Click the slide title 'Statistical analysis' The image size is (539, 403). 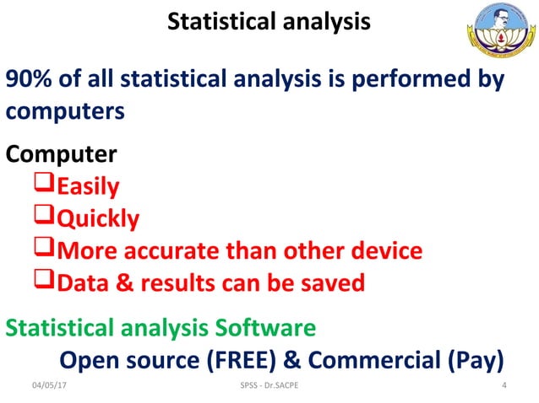click(269, 22)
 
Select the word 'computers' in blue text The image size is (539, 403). click(66, 111)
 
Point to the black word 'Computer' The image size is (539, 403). click(62, 155)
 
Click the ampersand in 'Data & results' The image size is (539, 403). click(122, 282)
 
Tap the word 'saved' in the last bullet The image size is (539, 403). click(331, 282)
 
